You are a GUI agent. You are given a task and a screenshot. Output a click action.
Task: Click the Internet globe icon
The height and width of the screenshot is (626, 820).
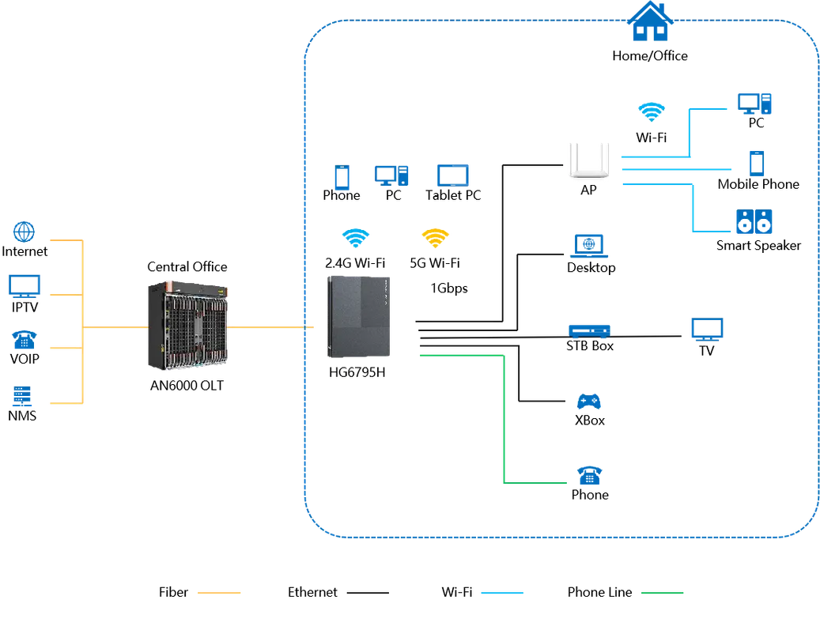tap(24, 232)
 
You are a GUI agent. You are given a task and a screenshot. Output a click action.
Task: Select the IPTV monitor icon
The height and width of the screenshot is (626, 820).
tap(24, 286)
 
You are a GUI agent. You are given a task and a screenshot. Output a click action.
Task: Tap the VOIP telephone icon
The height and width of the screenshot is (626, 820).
tap(24, 340)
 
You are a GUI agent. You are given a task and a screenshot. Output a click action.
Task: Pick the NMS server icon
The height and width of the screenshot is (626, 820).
tap(22, 396)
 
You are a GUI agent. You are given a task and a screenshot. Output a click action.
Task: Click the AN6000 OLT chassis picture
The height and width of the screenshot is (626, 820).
tap(188, 326)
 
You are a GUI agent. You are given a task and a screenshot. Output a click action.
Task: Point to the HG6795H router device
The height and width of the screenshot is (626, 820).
tap(359, 317)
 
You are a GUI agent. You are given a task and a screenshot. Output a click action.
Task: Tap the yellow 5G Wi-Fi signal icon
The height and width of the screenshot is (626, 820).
tap(435, 238)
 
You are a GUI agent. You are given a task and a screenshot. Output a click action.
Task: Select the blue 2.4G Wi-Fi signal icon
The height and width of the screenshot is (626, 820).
tap(356, 238)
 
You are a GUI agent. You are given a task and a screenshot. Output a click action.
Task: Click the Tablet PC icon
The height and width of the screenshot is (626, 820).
tap(453, 175)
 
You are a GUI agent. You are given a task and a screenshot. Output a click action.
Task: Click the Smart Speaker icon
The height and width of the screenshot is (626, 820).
tap(754, 221)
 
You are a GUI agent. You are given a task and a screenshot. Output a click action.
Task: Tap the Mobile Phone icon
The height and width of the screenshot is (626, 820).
tap(757, 163)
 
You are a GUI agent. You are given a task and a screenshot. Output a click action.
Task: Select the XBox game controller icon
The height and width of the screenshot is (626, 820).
tap(589, 402)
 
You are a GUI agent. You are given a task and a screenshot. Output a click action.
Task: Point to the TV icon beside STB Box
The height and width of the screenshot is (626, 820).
tap(707, 330)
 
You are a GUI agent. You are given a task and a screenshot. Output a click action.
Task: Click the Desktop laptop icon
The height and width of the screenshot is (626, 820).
tap(589, 246)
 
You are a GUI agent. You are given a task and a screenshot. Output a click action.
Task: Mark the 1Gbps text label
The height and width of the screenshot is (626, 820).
tap(449, 289)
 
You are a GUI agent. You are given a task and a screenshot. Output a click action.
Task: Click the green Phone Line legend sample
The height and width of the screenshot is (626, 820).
tap(662, 593)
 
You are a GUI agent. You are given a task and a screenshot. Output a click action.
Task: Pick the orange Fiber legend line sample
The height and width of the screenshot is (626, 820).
tap(219, 593)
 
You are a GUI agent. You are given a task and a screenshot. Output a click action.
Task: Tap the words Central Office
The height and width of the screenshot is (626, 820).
tap(187, 267)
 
